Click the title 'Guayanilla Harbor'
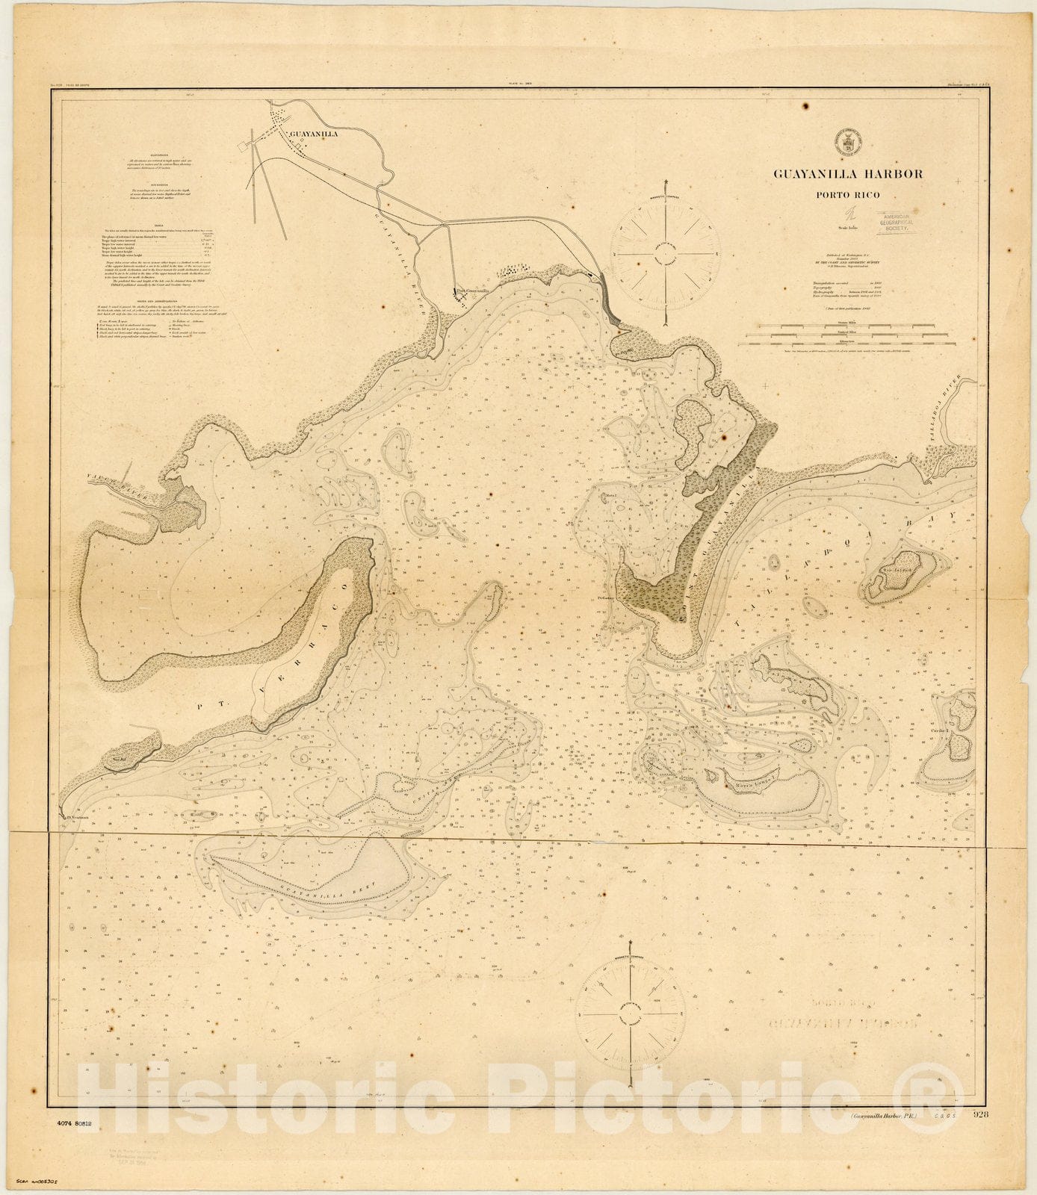click(x=847, y=174)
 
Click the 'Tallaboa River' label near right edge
click(x=944, y=423)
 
